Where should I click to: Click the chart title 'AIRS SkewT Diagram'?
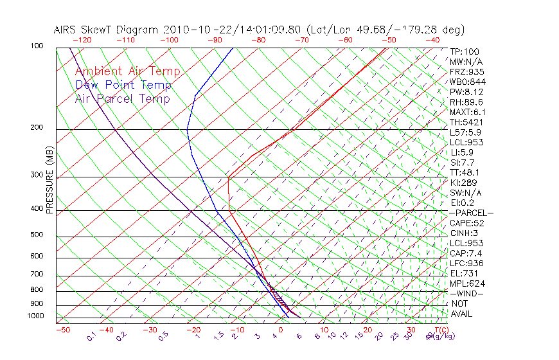(107, 30)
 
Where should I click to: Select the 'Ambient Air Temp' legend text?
(128, 72)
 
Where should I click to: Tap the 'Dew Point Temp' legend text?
(123, 85)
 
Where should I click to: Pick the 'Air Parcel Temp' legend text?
(123, 99)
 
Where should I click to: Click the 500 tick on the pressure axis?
(38, 235)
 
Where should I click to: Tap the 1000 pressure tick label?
(35, 316)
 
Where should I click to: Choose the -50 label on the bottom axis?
(63, 330)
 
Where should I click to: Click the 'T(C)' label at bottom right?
(438, 330)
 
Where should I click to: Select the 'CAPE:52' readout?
(467, 223)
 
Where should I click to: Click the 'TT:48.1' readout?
(465, 172)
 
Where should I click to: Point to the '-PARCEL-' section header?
(471, 213)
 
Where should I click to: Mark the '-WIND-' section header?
(467, 293)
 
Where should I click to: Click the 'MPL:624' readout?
(466, 283)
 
